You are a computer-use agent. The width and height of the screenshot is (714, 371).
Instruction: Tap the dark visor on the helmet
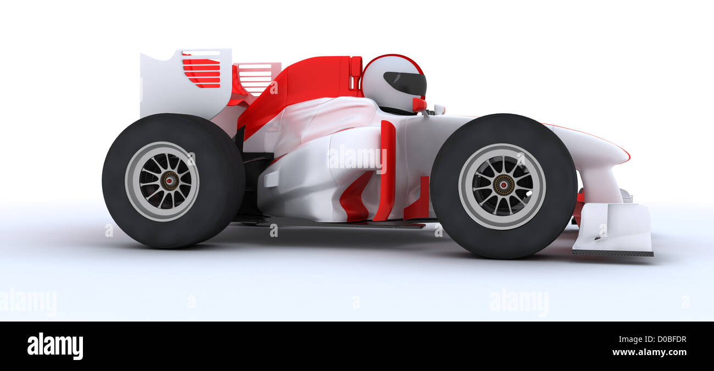406,83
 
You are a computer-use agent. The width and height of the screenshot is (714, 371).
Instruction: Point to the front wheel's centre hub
502,185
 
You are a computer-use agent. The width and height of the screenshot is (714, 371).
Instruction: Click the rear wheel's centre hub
169,180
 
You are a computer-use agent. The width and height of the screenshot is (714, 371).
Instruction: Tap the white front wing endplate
615,228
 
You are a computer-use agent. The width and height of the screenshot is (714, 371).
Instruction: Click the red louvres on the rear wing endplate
202,70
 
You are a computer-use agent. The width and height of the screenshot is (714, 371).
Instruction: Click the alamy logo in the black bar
55,346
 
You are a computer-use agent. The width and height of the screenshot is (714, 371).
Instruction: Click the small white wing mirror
438,109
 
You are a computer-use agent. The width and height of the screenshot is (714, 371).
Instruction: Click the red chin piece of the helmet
419,104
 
